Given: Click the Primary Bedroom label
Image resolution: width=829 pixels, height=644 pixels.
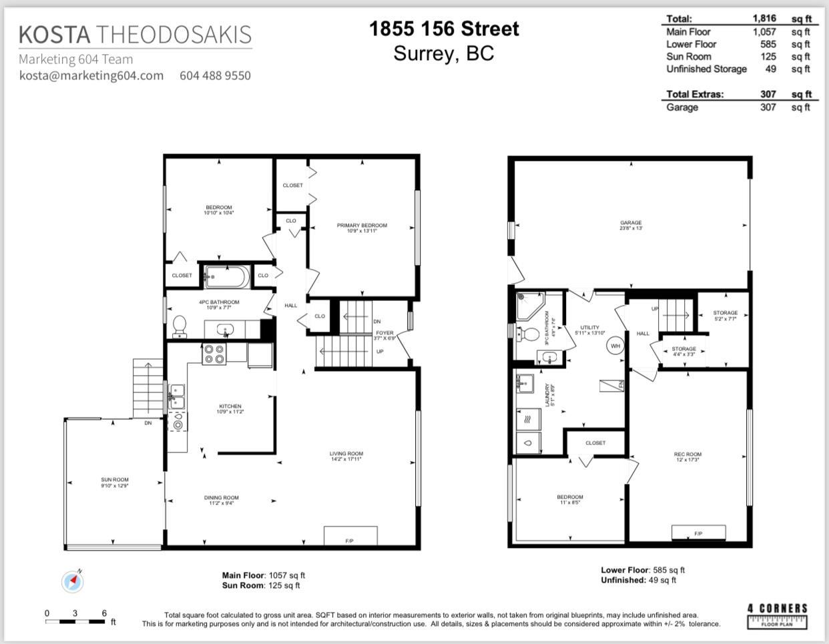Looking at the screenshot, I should [362, 226].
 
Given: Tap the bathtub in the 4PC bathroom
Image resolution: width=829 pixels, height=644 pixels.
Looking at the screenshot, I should [226, 276].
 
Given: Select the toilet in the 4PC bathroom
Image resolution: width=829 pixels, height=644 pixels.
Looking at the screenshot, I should [180, 326].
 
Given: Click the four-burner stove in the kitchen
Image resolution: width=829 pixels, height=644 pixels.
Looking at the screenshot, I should [214, 354].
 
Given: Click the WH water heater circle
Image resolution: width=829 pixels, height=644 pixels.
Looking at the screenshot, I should [615, 346].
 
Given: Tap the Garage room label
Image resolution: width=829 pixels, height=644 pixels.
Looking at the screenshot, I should [631, 223].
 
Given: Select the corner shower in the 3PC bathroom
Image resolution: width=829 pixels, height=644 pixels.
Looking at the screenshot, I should [529, 305].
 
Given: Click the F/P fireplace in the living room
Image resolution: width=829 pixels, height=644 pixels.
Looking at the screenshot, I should [350, 536].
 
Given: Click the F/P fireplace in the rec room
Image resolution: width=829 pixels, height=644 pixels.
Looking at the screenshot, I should [698, 532].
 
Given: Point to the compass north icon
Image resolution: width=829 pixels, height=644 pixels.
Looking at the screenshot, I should [73, 581].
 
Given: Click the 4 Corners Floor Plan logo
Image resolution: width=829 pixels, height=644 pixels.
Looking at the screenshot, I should [777, 615].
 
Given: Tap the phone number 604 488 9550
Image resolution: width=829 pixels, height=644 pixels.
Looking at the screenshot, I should [215, 75].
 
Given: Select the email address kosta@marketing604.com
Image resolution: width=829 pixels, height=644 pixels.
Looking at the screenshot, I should [91, 75].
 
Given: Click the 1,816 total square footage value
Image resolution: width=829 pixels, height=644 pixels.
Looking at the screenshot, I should [764, 19].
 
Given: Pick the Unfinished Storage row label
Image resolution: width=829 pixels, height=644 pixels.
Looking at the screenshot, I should [706, 69].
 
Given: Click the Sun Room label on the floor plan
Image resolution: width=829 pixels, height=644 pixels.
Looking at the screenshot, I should [115, 480].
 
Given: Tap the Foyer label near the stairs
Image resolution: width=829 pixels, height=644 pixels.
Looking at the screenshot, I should [384, 333].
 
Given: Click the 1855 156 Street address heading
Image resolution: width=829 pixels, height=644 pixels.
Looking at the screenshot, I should [444, 29].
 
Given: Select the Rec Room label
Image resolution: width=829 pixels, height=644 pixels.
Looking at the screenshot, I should [687, 454].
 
